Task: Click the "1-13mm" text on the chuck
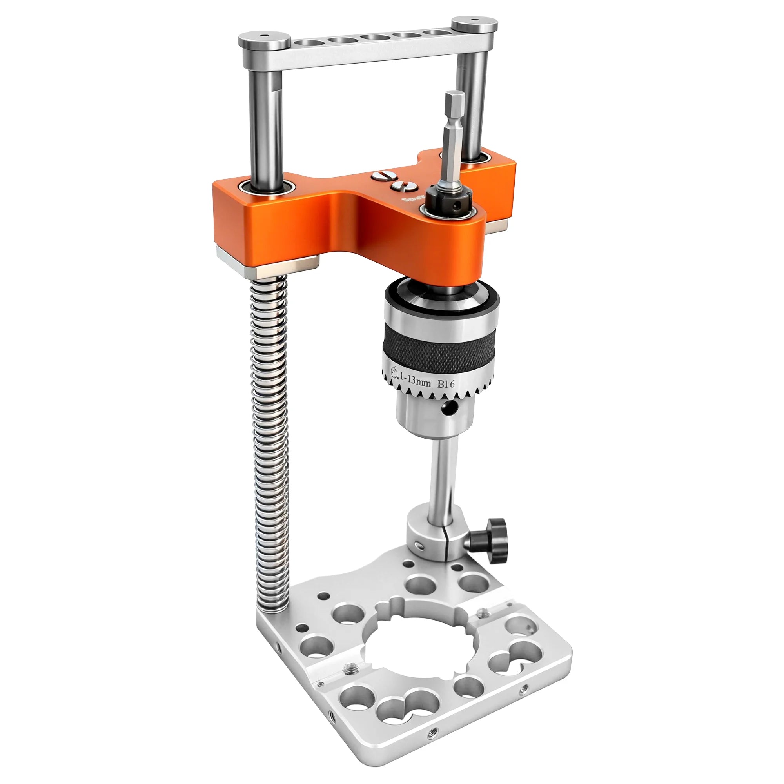[415, 380]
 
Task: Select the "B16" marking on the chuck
[446, 383]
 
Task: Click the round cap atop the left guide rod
[264, 42]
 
